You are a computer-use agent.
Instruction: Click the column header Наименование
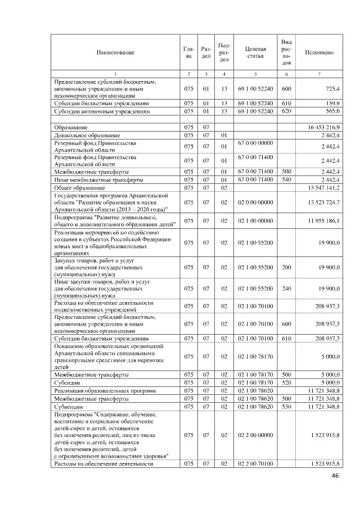[x=115, y=52]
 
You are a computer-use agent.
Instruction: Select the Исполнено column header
[x=319, y=52]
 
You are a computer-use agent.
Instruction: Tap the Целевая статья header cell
[x=255, y=52]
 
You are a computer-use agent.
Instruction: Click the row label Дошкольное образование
[x=87, y=136]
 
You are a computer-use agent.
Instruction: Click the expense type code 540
[x=286, y=179]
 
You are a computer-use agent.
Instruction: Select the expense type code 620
[x=286, y=111]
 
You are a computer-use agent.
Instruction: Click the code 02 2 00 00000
[x=255, y=435]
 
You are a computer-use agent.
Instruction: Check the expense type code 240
[x=286, y=288]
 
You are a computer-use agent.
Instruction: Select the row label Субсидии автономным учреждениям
[x=101, y=111]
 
